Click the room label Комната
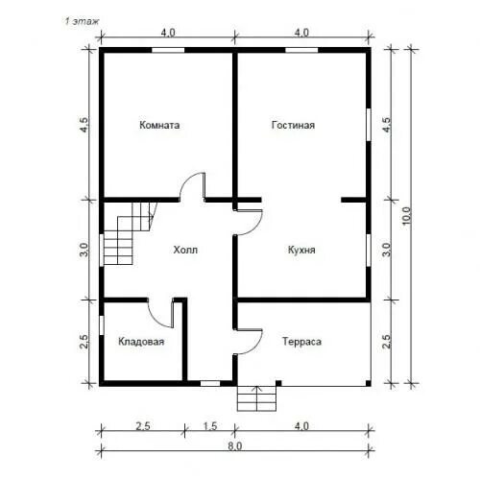tap(159, 125)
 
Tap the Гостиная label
tap(293, 125)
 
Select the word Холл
tap(185, 250)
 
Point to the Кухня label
tap(301, 250)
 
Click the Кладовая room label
tap(141, 342)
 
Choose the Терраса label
tap(301, 342)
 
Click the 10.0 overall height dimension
tap(406, 215)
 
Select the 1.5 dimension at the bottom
tap(210, 426)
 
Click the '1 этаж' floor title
tap(82, 21)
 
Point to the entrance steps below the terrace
tap(256, 398)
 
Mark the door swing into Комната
tap(192, 186)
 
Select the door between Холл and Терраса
tap(248, 342)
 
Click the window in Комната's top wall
tap(168, 50)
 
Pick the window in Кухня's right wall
tap(369, 251)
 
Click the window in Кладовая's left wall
tap(102, 325)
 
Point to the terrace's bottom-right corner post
tap(369, 383)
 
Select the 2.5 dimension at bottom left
tap(143, 426)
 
